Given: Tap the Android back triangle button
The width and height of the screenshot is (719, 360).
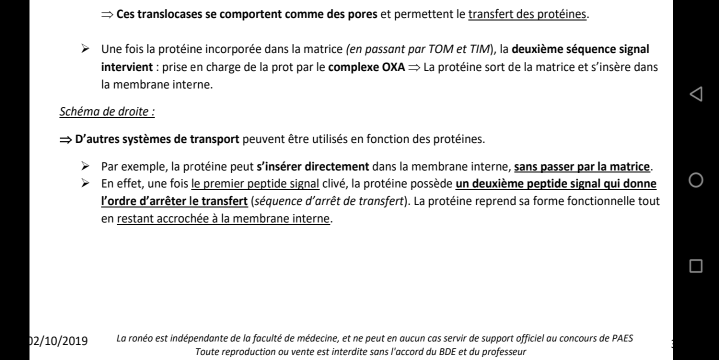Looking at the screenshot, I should (x=695, y=92).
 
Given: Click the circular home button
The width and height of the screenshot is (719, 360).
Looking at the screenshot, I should (x=695, y=179).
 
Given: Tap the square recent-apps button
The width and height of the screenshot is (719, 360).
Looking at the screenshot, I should (x=695, y=265).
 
